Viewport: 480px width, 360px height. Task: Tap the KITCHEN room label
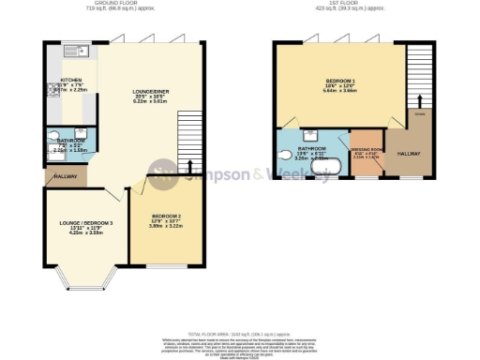click(x=71, y=81)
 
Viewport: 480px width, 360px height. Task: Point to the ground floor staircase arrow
click(x=193, y=166)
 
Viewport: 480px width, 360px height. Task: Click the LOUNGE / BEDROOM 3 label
click(x=85, y=222)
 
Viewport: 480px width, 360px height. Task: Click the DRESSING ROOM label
click(x=366, y=149)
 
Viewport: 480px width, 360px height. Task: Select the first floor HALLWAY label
click(x=408, y=153)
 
